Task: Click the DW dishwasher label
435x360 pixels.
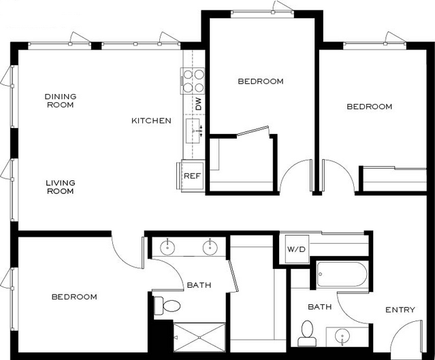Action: (x=198, y=104)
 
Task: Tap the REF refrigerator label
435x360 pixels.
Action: (x=192, y=176)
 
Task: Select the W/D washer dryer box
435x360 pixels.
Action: (x=297, y=249)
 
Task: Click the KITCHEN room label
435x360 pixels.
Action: (x=151, y=120)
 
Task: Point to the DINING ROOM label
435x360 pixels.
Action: (x=61, y=101)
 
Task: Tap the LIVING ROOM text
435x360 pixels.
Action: (x=61, y=186)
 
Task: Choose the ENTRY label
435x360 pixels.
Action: (x=400, y=310)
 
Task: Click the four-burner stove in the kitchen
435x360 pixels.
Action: (x=193, y=81)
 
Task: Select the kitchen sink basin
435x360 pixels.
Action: (x=193, y=131)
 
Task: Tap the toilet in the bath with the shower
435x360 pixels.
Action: (x=167, y=306)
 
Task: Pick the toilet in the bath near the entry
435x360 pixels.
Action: (x=307, y=333)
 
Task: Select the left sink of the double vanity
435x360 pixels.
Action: (x=167, y=247)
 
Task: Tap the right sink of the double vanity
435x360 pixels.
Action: (x=210, y=247)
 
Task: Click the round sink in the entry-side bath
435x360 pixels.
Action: (x=342, y=336)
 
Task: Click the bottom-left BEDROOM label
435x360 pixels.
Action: (x=74, y=297)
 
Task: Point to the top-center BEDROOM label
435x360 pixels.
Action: (x=261, y=81)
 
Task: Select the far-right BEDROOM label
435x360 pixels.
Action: (x=370, y=106)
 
